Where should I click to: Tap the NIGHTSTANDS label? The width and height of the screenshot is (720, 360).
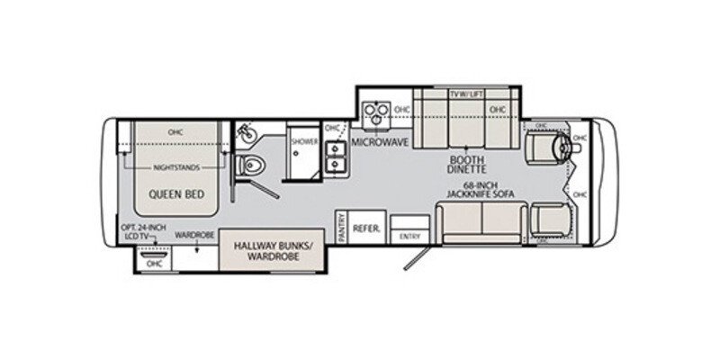point(175,167)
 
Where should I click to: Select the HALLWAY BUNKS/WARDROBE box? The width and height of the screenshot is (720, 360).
point(266,249)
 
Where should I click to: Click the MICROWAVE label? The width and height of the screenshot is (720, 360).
point(375,142)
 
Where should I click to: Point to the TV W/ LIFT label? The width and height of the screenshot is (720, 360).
point(467,93)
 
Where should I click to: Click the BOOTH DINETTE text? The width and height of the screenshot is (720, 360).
point(468,163)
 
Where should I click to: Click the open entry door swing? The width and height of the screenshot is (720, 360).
point(413,256)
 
